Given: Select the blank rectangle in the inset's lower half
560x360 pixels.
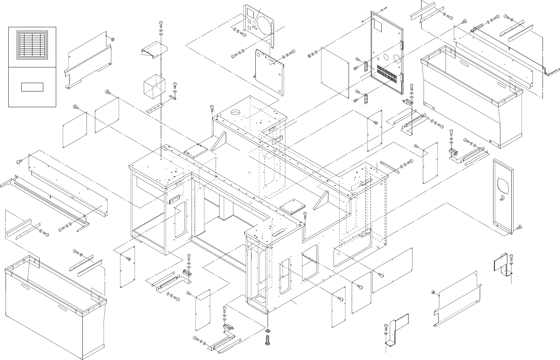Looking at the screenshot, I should tap(32, 87).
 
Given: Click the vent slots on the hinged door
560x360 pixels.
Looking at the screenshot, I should tap(388, 74).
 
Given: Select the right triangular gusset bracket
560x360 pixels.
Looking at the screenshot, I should tap(321, 201).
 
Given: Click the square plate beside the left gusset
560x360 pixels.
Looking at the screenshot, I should tap(195, 150).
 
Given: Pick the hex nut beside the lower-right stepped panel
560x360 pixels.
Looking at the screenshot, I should tap(433, 293).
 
